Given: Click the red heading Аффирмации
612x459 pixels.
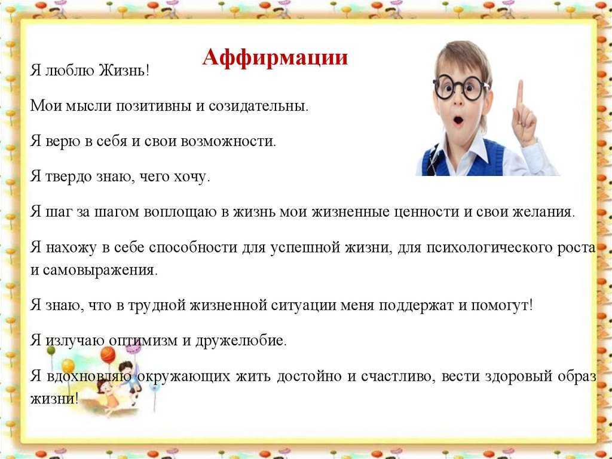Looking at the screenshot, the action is tap(275, 57).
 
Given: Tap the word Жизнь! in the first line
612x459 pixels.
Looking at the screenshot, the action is tap(124, 71).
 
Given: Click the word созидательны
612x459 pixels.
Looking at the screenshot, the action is tap(258, 105).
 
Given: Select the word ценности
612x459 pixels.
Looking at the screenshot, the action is tap(426, 211).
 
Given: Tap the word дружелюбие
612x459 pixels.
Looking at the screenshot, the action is tap(241, 341).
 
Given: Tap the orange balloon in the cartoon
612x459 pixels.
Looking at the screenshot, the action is tap(108, 354).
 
